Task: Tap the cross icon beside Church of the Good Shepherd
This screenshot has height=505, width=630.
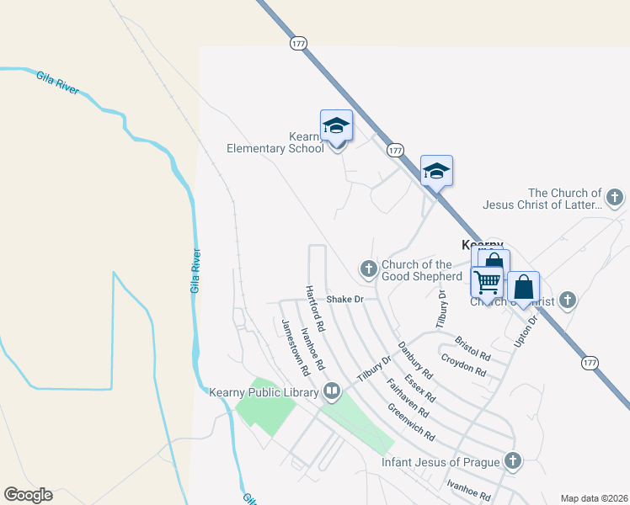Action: pos(368,269)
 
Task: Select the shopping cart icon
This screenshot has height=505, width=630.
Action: pos(487,282)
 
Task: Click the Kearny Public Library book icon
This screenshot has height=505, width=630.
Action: pos(332,391)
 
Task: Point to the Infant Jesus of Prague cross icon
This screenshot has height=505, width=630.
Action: pos(512,461)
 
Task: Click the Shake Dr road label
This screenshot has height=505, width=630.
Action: pos(344,299)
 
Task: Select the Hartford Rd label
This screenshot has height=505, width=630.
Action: pos(316,306)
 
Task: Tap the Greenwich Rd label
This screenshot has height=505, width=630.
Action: pos(411,423)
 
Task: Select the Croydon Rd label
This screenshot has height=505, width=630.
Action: pos(464,366)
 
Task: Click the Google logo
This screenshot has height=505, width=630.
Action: pos(28,495)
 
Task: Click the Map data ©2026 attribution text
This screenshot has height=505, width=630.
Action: pos(594,498)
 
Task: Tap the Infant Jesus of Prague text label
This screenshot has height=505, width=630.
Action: pos(440,462)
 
